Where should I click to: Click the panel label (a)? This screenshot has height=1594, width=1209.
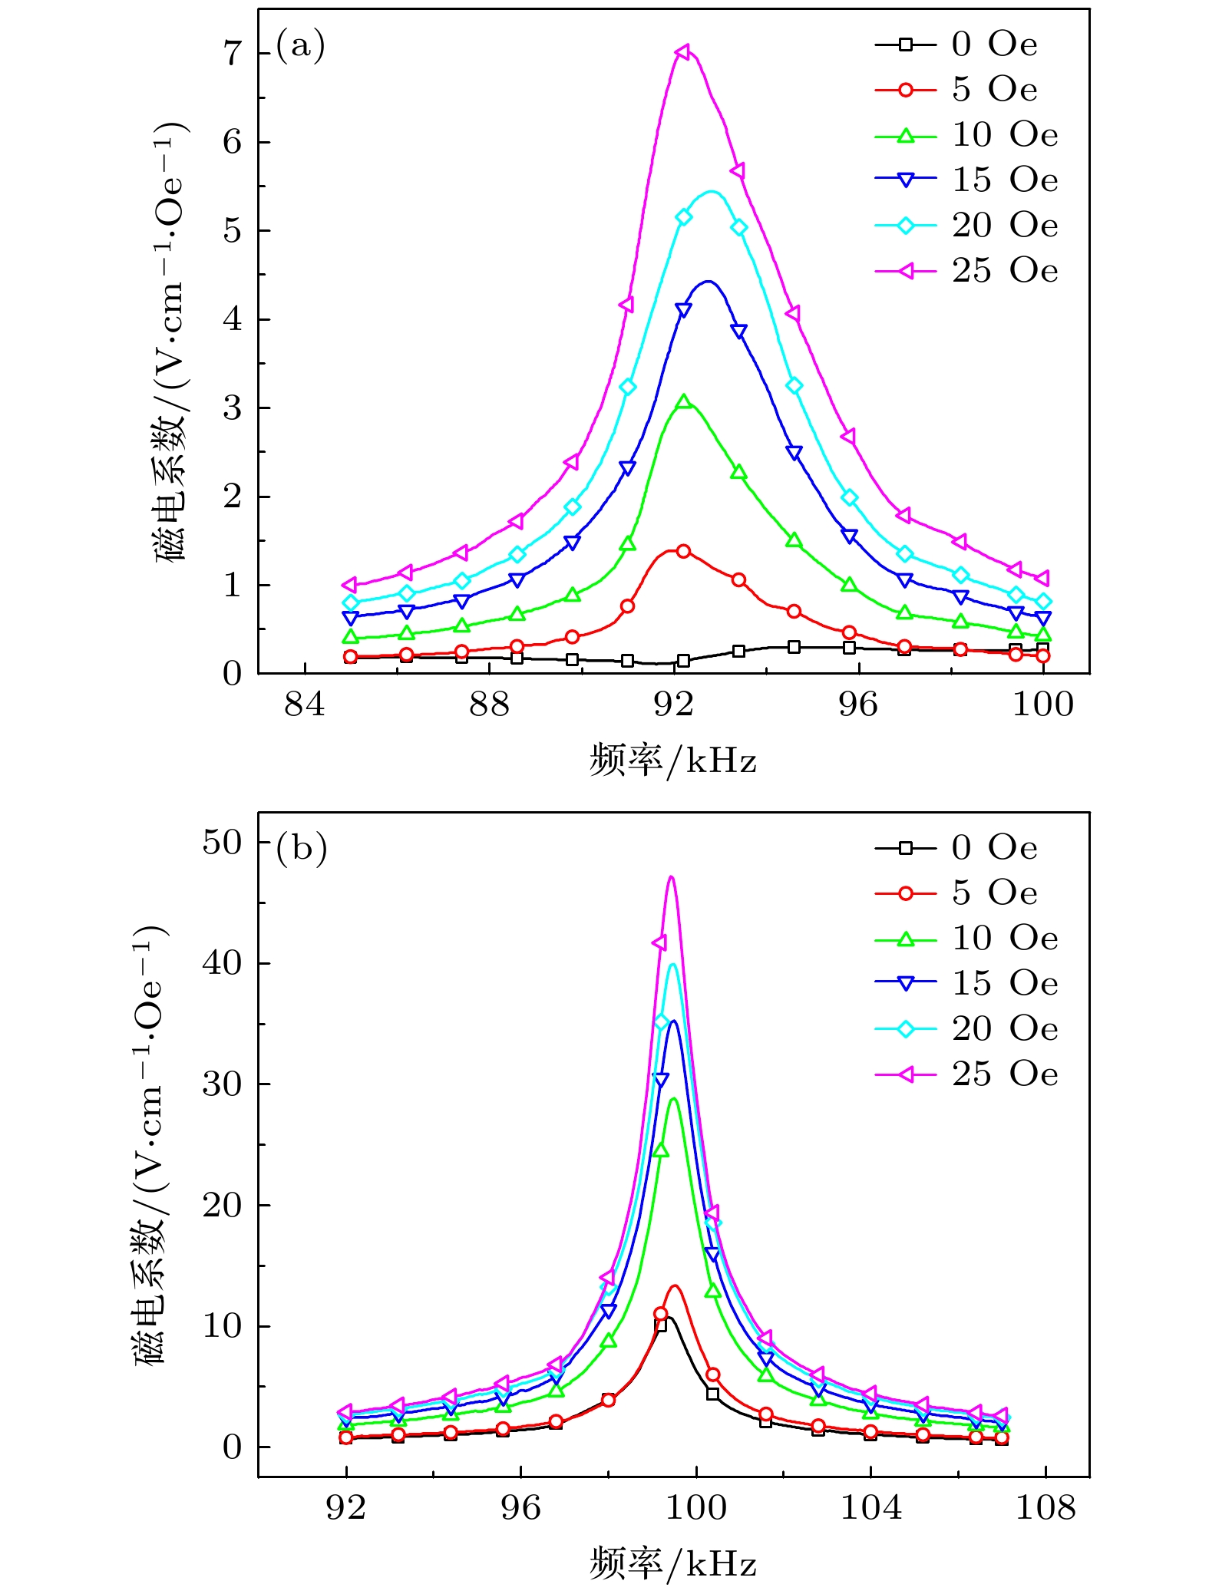pyautogui.click(x=300, y=46)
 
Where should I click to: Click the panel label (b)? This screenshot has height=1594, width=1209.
pyautogui.click(x=302, y=849)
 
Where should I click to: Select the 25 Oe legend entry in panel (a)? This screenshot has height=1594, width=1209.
pyautogui.click(x=966, y=271)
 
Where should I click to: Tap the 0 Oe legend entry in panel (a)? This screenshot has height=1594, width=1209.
pyautogui.click(x=956, y=45)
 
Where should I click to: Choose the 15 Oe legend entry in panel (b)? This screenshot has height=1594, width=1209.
pyautogui.click(x=966, y=983)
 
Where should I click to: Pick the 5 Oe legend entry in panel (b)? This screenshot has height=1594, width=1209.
pyautogui.click(x=956, y=893)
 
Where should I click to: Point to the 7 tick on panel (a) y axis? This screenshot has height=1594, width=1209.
pyautogui.click(x=232, y=54)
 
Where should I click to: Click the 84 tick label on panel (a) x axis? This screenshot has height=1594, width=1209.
pyautogui.click(x=305, y=705)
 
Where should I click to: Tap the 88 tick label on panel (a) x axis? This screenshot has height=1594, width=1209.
pyautogui.click(x=490, y=705)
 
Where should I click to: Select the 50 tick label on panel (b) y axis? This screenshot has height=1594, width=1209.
pyautogui.click(x=222, y=843)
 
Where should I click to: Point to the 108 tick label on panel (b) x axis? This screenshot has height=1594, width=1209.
pyautogui.click(x=1045, y=1508)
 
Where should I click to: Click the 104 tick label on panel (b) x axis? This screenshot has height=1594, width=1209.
pyautogui.click(x=870, y=1508)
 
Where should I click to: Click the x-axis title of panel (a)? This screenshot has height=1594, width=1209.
pyautogui.click(x=673, y=761)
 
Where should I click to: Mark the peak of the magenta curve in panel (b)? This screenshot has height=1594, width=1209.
pyautogui.click(x=672, y=876)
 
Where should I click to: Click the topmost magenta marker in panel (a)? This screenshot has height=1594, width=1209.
pyautogui.click(x=682, y=51)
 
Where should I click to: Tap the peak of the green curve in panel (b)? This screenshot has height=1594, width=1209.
pyautogui.click(x=674, y=1098)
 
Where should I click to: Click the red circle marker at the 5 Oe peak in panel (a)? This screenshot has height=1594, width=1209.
pyautogui.click(x=683, y=551)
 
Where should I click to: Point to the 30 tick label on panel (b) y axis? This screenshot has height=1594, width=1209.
pyautogui.click(x=222, y=1084)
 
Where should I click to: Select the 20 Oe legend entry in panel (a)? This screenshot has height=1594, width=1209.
pyautogui.click(x=966, y=226)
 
